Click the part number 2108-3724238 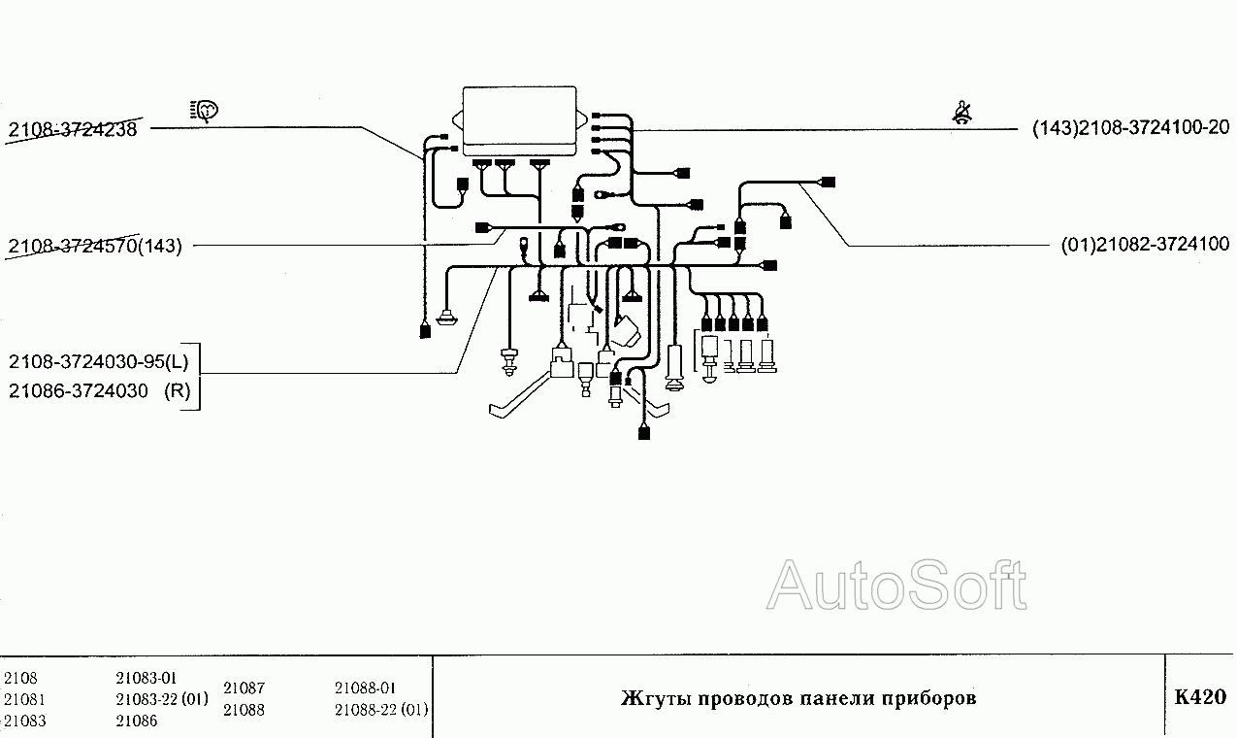click(73, 129)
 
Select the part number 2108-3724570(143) click(95, 246)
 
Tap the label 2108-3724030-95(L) click(100, 362)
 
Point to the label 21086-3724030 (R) click(99, 391)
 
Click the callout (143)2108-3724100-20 click(1130, 128)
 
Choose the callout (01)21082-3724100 click(1145, 245)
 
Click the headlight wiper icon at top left click(206, 111)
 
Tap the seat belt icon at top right click(963, 114)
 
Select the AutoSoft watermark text click(896, 586)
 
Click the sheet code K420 click(1200, 697)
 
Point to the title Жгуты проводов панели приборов click(798, 698)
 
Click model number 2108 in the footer click(20, 678)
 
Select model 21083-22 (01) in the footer click(161, 699)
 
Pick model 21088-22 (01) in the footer click(380, 710)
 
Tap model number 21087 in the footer click(244, 688)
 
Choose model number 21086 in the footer click(136, 721)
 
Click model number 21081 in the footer click(24, 699)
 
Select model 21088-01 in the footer click(365, 688)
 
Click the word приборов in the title click(928, 698)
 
